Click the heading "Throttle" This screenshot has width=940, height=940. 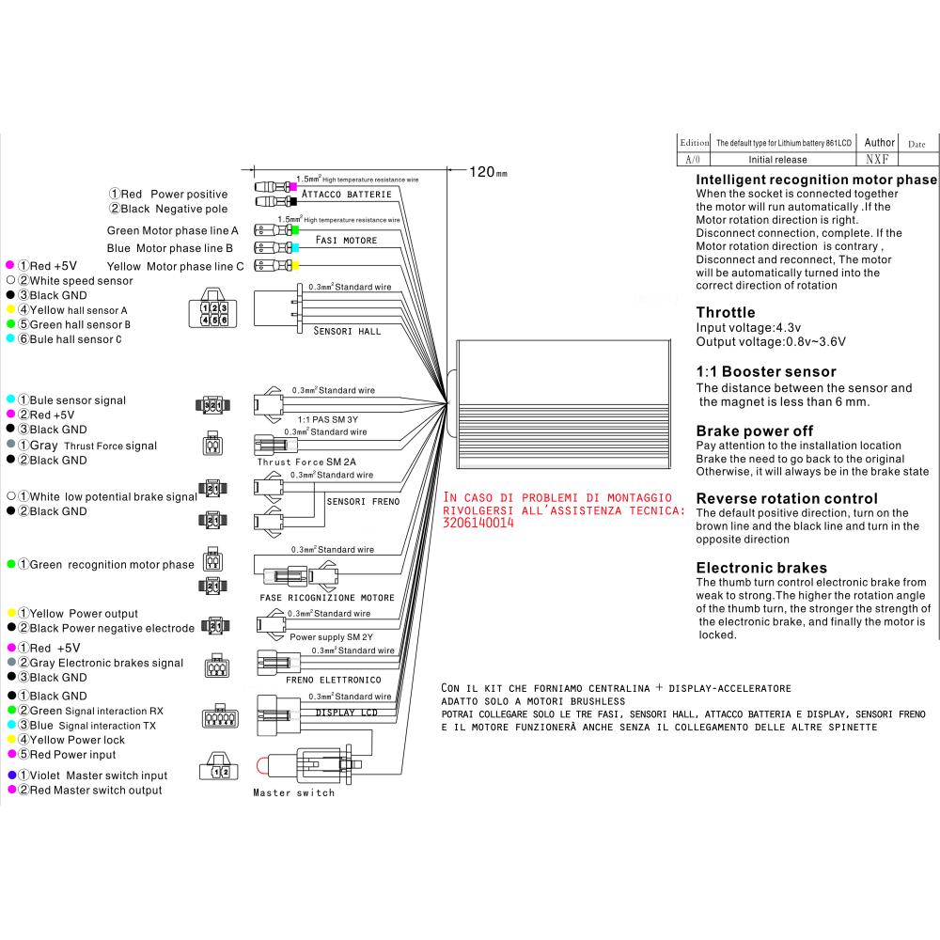coord(725,312)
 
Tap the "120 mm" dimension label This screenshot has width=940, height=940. coord(488,172)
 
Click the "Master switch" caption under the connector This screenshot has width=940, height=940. coord(293,793)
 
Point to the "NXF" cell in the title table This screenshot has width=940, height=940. coord(877,160)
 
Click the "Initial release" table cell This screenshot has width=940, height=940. coord(777,160)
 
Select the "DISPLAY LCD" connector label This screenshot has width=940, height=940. coord(346,712)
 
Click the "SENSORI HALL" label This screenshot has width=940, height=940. coord(347,332)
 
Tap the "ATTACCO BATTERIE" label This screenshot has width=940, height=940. coord(347,194)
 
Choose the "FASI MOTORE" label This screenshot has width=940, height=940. coord(346,241)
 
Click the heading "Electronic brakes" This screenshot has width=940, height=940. coord(761,568)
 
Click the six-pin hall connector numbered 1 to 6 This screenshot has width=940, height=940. coord(214,313)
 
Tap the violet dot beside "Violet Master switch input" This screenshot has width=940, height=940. coord(11,775)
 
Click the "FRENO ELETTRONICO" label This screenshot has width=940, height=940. coord(335,679)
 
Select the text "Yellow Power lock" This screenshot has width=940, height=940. coord(77,740)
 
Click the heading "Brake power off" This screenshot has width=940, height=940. coord(754,431)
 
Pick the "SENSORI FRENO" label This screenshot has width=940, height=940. coord(363,501)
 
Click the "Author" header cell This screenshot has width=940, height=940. coord(879,143)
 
